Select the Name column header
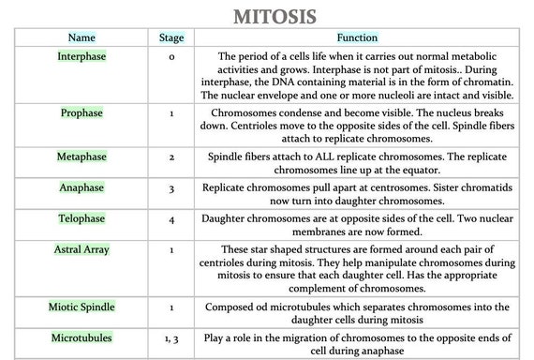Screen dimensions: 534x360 pos(82,38)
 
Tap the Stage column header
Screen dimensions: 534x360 pos(171,38)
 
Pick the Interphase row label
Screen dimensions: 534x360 pos(82,56)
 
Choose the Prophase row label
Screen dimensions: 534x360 pos(82,112)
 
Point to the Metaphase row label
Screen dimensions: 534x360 pos(82,156)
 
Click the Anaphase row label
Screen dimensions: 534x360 pos(82,187)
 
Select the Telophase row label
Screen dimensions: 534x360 pos(82,218)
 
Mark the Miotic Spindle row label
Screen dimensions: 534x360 pos(82,307)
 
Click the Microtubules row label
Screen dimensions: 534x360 pos(82,336)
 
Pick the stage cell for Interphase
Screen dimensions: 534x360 pos(171,57)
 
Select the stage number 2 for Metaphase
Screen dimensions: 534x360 pos(171,157)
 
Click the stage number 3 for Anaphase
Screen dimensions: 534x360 pos(171,188)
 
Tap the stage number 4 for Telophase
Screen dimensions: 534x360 pos(171,219)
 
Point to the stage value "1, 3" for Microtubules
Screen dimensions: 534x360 pos(171,337)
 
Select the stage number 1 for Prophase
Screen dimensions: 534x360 pos(171,113)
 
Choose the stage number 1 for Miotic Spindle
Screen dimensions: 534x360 pos(171,307)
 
